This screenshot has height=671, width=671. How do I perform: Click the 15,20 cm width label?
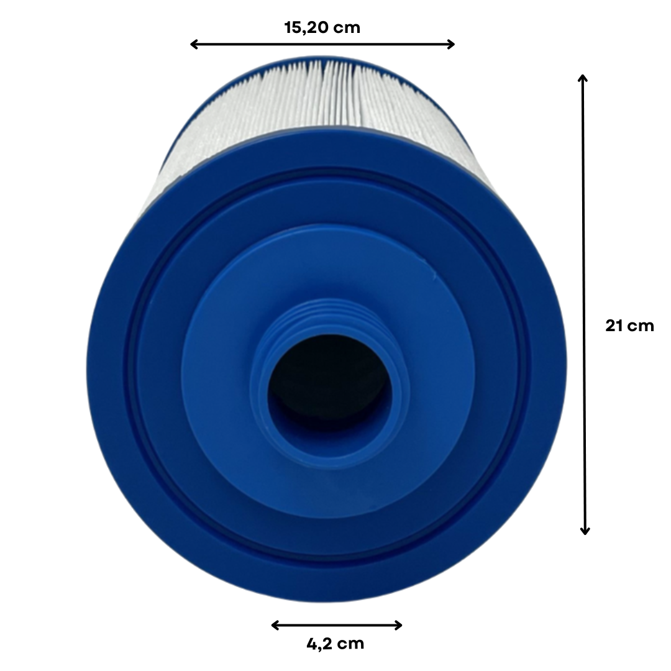pyautogui.click(x=322, y=28)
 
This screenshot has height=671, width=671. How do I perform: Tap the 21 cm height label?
pyautogui.click(x=629, y=326)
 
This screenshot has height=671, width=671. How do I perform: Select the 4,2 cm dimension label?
pyautogui.click(x=335, y=644)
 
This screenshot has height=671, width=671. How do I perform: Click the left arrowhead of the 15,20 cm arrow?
pyautogui.click(x=193, y=44)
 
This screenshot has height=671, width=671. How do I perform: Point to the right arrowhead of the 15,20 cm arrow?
pyautogui.click(x=451, y=44)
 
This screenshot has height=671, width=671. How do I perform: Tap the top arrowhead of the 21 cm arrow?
pyautogui.click(x=583, y=78)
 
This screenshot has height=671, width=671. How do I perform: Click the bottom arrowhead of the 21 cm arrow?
pyautogui.click(x=585, y=531)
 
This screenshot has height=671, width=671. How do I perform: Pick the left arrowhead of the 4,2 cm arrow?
pyautogui.click(x=275, y=625)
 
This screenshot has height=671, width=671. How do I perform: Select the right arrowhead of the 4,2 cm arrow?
pyautogui.click(x=398, y=625)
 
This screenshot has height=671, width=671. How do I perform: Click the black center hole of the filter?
pyautogui.click(x=329, y=385)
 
